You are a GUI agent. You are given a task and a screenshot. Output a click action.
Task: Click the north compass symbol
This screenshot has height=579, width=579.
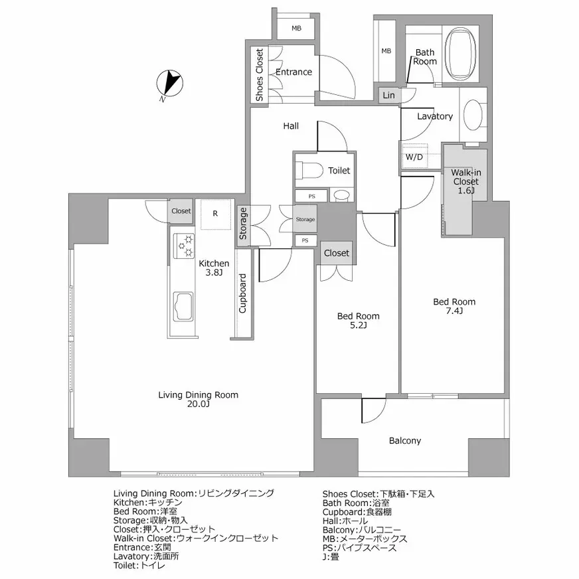tap(169, 84)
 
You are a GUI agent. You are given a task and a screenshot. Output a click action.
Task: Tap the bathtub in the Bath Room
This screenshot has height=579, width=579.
tap(460, 54)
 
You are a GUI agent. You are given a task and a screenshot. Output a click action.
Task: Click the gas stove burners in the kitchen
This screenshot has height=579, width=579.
tap(183, 246)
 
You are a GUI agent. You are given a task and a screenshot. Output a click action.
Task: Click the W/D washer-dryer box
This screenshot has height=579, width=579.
tap(414, 157)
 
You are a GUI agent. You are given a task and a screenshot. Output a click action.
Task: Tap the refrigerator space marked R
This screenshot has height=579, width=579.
tap(216, 214)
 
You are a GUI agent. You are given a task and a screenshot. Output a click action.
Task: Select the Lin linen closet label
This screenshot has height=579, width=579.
tap(388, 95)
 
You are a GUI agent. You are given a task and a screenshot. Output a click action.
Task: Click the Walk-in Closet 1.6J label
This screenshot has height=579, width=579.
tap(465, 181)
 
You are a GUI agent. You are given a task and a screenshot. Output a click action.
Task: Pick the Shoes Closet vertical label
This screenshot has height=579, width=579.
tap(259, 74)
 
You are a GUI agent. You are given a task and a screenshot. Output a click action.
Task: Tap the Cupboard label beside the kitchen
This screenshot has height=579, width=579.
tap(242, 293)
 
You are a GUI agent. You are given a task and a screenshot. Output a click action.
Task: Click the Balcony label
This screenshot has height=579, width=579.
tap(405, 440)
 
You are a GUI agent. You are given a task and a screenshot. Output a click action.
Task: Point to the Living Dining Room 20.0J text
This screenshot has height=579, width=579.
tap(199, 399)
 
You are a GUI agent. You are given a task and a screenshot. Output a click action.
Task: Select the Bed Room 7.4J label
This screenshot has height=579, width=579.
tap(454, 306)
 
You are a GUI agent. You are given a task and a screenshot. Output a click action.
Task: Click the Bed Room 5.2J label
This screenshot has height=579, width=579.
tap(358, 321)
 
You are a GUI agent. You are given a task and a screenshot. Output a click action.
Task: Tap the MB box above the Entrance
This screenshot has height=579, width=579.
tap(296, 28)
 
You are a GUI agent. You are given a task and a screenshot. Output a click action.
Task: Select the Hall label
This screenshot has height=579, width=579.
tap(291, 126)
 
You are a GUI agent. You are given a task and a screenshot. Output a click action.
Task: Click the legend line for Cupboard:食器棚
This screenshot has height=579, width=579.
tap(357, 512)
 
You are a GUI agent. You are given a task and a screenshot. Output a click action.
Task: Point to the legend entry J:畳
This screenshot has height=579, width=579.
tap(331, 556)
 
